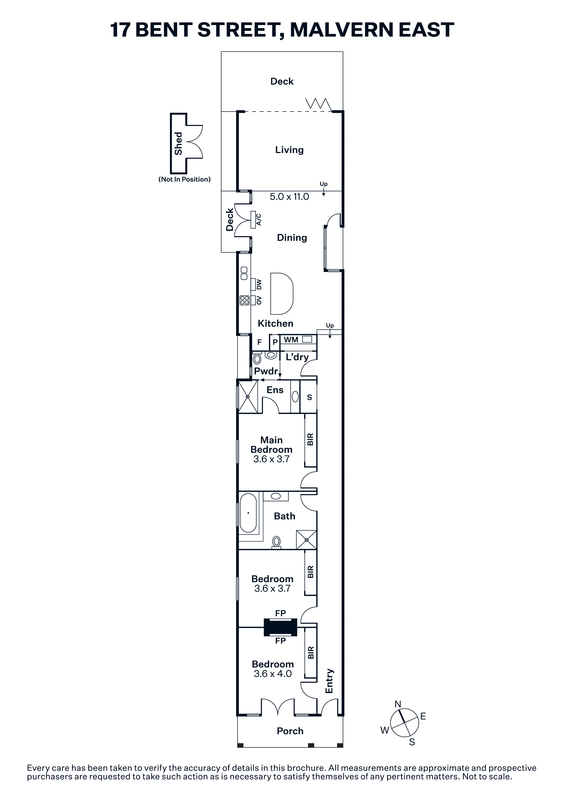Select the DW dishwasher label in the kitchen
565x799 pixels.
click(x=259, y=285)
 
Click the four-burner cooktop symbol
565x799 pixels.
click(x=244, y=300)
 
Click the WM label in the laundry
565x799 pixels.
click(x=291, y=340)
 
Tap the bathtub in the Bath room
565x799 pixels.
click(x=248, y=513)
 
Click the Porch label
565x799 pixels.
click(x=290, y=731)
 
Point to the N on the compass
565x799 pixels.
click(x=398, y=704)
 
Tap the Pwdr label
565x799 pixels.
click(x=266, y=371)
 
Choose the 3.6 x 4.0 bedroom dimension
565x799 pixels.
click(x=273, y=674)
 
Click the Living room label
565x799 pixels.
click(x=289, y=150)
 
